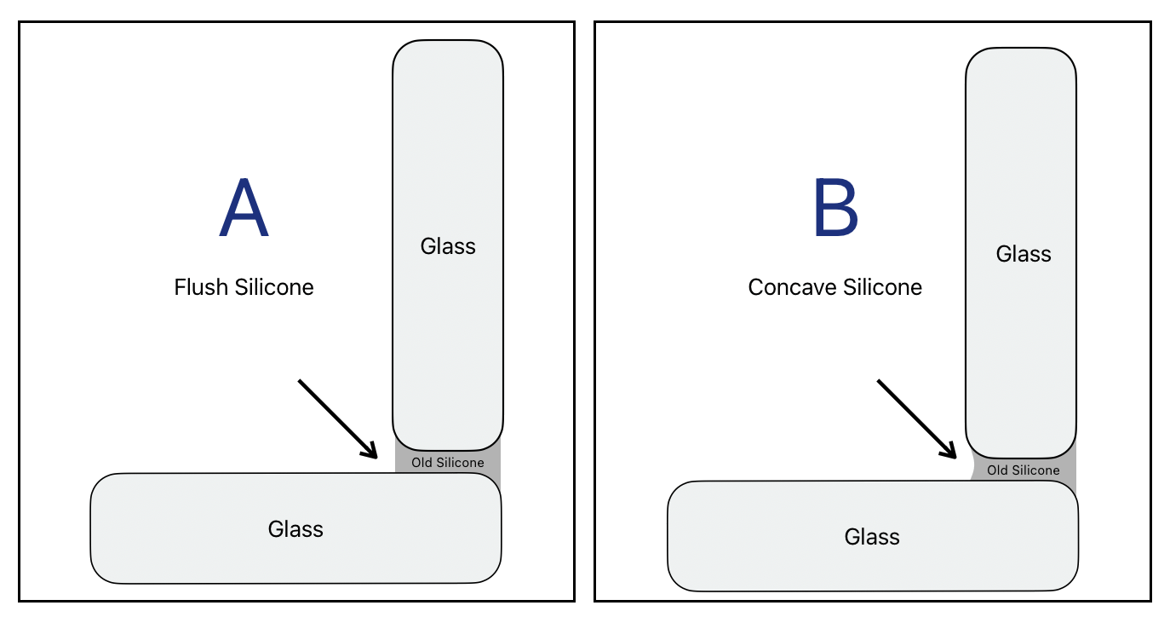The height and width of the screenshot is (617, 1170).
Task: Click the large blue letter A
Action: tap(244, 209)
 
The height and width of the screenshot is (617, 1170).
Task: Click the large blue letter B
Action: tap(835, 209)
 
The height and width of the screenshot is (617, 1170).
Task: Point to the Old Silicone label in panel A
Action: tap(448, 463)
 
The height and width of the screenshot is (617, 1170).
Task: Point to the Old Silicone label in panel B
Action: tap(1024, 470)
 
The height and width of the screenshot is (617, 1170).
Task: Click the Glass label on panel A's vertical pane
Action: tap(448, 246)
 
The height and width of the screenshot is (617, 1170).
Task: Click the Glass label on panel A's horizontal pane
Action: tap(295, 529)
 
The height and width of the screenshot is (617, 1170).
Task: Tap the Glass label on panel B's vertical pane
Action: tap(1024, 254)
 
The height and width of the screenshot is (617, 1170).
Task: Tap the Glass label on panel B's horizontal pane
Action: tap(872, 537)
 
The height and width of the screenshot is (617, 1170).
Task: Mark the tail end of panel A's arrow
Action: tap(300, 381)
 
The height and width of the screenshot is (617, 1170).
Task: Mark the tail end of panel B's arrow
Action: tap(880, 382)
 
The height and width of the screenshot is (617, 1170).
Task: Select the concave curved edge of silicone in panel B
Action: tap(972, 468)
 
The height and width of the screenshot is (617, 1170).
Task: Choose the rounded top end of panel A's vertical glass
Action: tap(448, 44)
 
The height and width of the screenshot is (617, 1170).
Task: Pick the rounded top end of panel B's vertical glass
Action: tap(1021, 52)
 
